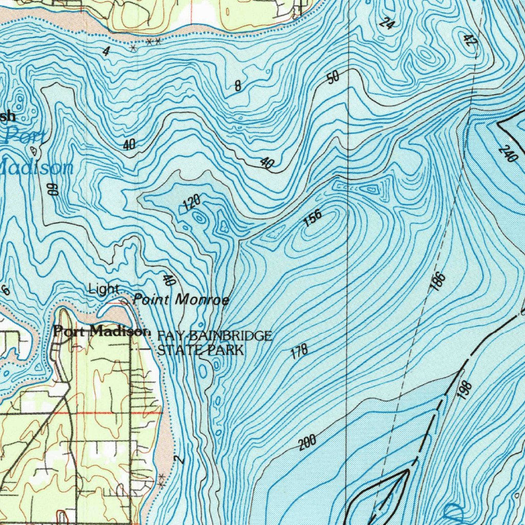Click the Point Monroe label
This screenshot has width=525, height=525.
point(181,299)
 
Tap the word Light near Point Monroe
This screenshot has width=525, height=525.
point(104,289)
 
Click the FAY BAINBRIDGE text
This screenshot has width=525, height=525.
point(214,336)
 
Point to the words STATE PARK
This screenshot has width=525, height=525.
point(200,351)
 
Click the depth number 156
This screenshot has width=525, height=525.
point(312,218)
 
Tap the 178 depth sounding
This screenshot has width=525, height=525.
point(299,351)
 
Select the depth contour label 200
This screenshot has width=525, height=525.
point(308,442)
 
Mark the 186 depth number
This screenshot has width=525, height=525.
point(438,282)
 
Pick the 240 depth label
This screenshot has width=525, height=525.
point(508,153)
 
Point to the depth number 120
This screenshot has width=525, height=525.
point(191,203)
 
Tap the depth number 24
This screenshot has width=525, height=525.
point(387,23)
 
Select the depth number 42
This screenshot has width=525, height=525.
point(468,41)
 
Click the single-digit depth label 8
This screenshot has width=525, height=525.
point(238,86)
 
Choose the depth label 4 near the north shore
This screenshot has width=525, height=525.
point(106,51)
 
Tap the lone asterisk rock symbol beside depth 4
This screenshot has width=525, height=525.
point(133,48)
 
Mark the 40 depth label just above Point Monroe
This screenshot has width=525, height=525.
point(169,280)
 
